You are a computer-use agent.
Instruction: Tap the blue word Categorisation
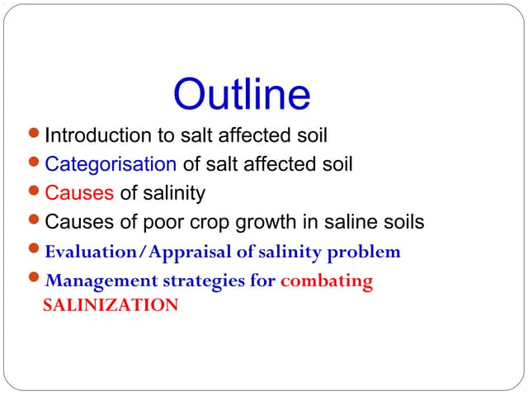[x=111, y=164]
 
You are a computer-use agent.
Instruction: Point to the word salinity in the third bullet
[x=174, y=194]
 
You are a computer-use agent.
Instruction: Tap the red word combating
[x=327, y=281]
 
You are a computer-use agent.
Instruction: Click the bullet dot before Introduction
[x=34, y=134]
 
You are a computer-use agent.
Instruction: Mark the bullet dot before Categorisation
[x=34, y=163]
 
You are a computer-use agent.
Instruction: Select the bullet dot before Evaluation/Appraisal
[x=34, y=250]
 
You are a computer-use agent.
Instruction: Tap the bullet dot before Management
[x=34, y=280]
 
